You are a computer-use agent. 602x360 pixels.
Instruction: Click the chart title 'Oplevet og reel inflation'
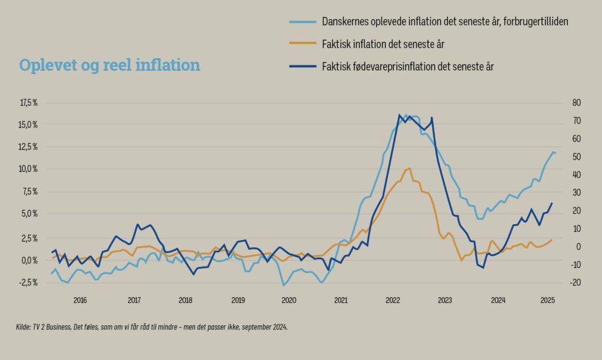pos(109,65)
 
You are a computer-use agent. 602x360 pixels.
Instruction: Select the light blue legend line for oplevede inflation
pos(302,21)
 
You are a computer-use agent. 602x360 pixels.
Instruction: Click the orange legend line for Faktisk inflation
pos(302,44)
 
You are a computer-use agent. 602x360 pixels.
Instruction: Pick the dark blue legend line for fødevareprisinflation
pos(302,66)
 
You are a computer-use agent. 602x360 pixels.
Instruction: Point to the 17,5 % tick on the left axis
pos(29,102)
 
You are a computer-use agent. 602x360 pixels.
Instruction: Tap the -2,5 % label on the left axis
pos(29,282)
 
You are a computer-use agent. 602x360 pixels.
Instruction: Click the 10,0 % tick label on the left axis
pos(29,169)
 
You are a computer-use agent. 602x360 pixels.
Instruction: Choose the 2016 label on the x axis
pos(80,301)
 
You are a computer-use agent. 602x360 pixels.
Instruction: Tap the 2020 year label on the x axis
pos(289,301)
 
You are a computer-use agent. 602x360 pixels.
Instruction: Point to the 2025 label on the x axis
pos(548,301)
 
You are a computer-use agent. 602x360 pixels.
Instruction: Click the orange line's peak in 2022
pos(409,168)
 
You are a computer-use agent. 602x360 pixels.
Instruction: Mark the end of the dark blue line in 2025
pos(552,203)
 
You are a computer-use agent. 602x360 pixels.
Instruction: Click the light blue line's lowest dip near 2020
pos(283,285)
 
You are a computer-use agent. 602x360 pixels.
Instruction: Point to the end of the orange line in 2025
pos(551,239)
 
